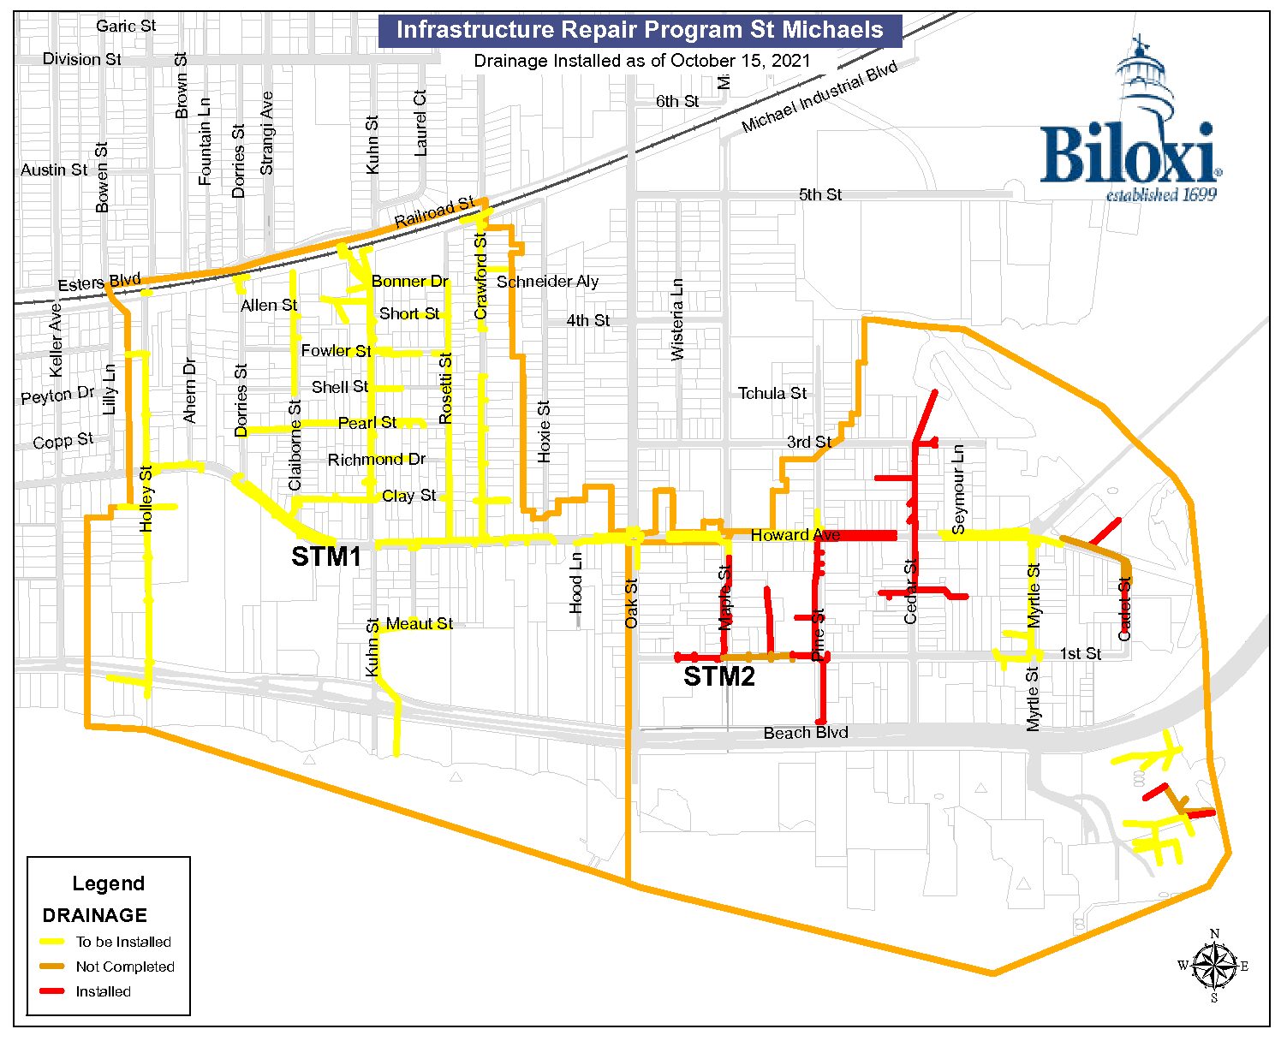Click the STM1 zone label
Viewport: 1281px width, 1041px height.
[x=326, y=556]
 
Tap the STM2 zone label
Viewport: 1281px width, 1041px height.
[x=719, y=677]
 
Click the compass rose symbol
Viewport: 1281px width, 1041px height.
[x=1213, y=965]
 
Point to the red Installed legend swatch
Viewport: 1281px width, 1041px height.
[x=53, y=991]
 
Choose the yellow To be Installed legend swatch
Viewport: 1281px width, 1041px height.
[x=53, y=942]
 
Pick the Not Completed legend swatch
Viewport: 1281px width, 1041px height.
[x=53, y=967]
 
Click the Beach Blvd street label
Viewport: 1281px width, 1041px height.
[x=806, y=733]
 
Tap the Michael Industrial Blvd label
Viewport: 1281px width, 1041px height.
[x=819, y=97]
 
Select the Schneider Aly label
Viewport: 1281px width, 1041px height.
[x=547, y=282]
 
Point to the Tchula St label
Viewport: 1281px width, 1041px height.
[x=772, y=394]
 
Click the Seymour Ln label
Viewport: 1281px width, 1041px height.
[x=958, y=489]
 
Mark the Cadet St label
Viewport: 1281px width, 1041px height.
[x=1125, y=608]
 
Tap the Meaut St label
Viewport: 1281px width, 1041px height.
[x=420, y=623]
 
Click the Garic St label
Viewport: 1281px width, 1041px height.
[x=126, y=27]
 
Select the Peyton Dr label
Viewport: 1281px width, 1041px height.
[x=58, y=396]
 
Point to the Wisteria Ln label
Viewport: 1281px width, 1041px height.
[x=677, y=318]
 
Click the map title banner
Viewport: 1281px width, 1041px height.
[x=640, y=30]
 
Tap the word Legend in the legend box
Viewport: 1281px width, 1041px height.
[x=108, y=883]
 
